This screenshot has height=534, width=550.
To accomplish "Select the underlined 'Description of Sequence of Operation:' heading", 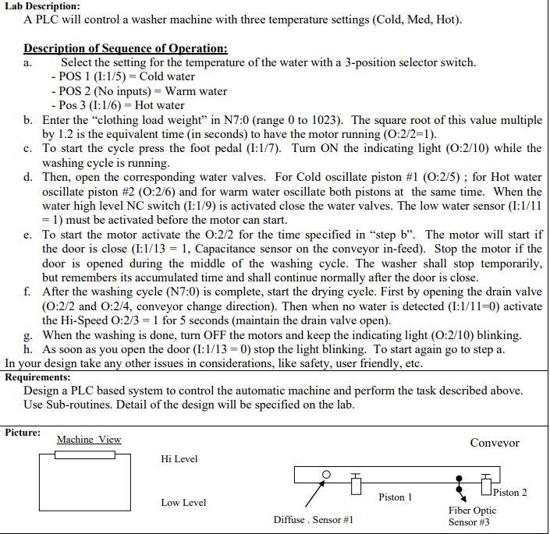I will pos(126,48).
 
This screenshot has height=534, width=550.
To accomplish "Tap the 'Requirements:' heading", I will pos(39,377).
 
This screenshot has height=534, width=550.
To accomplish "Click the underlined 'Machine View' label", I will pos(89,440).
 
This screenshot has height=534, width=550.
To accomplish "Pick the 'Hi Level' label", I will pos(179,459).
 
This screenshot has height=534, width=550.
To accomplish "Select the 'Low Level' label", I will pos(183,503).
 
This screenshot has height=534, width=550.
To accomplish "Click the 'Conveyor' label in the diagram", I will pos(494,443).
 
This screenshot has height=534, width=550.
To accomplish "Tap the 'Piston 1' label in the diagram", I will pos(396,497).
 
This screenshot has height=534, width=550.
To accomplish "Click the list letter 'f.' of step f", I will pos(27,292).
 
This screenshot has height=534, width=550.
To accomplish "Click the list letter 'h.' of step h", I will pos(27,349).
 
